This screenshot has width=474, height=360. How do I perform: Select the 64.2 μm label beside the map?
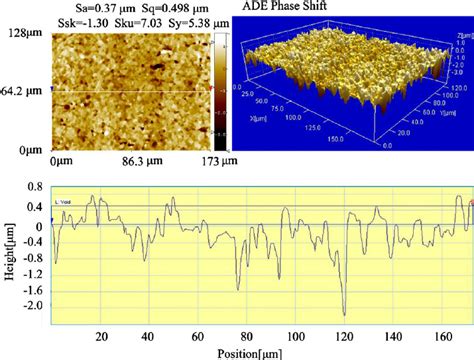coord(22,91)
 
